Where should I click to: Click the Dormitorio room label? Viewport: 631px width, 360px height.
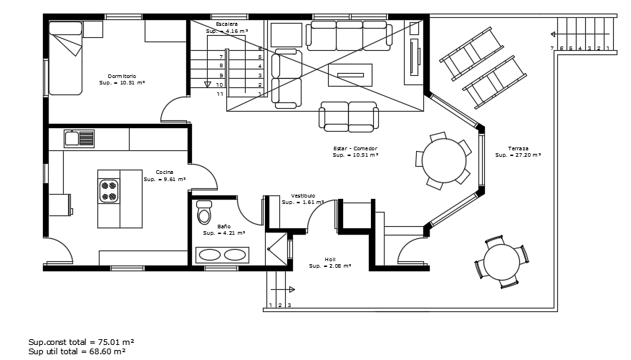click(x=122, y=76)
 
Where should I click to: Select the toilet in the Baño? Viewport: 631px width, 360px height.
click(x=205, y=214)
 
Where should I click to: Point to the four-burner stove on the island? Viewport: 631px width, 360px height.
click(x=109, y=190)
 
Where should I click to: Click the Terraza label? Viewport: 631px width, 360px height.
click(x=518, y=148)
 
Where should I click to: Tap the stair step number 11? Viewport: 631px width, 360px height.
click(x=221, y=94)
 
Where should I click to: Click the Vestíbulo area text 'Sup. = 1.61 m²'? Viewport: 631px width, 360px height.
click(x=302, y=203)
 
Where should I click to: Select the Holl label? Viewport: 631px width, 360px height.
click(x=329, y=260)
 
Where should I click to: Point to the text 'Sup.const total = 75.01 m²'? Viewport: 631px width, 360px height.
click(x=82, y=342)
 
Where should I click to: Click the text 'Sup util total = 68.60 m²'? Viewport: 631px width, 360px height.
click(x=77, y=351)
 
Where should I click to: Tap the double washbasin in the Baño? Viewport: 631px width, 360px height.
click(x=223, y=255)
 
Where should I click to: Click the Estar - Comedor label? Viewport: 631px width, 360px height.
click(x=355, y=148)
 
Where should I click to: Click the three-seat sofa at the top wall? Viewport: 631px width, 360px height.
click(x=350, y=34)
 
